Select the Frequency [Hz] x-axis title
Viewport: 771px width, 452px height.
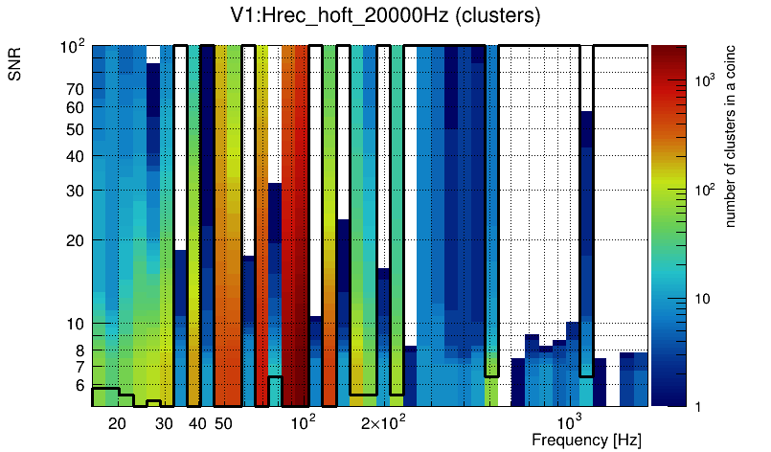click(586, 440)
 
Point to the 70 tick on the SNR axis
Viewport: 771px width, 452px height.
click(76, 89)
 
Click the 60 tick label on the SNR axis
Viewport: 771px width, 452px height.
click(76, 107)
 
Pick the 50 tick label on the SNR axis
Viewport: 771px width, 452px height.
click(76, 129)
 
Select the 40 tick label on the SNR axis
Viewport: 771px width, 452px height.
click(76, 156)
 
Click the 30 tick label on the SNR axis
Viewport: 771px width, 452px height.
click(76, 191)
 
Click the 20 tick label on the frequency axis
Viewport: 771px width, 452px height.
click(117, 423)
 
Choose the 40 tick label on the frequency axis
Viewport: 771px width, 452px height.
click(197, 423)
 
